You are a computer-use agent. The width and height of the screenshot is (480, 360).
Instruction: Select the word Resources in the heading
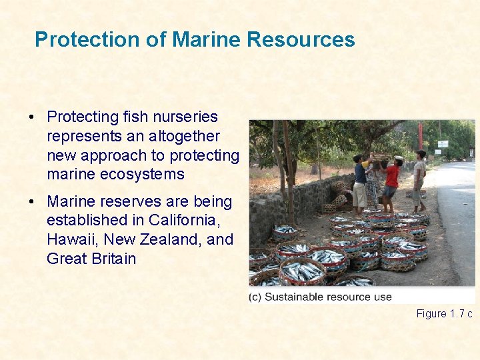click(x=301, y=39)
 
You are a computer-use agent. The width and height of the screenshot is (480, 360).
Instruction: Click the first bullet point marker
click(x=32, y=117)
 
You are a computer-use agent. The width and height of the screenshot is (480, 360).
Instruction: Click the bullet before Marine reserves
click(x=32, y=202)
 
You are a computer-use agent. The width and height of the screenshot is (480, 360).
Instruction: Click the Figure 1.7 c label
click(x=444, y=313)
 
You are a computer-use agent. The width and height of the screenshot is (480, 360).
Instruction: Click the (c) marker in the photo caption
click(x=255, y=297)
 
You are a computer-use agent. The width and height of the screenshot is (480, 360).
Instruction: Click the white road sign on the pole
click(x=443, y=143)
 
